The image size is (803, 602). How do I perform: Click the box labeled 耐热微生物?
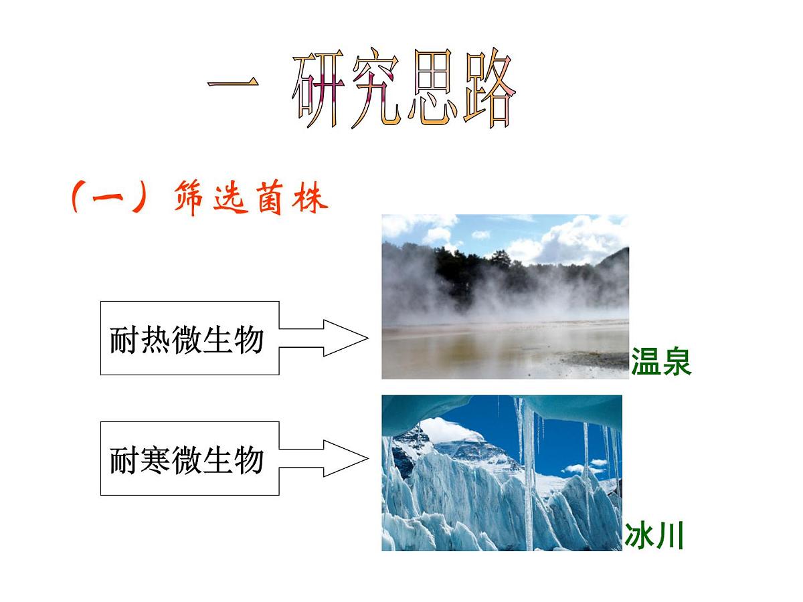click(x=189, y=338)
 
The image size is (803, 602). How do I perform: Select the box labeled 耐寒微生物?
click(x=189, y=458)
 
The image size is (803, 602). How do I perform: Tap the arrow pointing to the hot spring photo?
click(x=325, y=338)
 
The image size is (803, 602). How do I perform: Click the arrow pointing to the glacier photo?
click(x=325, y=458)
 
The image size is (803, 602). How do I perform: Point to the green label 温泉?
click(x=660, y=362)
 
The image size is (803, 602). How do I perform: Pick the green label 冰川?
click(x=654, y=536)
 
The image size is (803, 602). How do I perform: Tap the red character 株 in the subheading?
click(x=309, y=199)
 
